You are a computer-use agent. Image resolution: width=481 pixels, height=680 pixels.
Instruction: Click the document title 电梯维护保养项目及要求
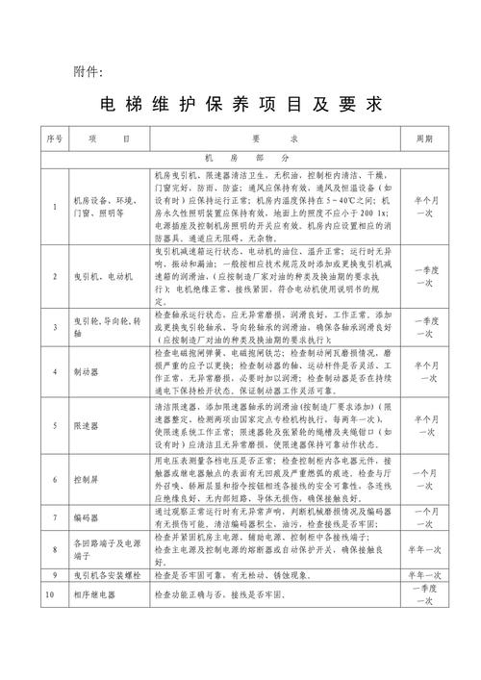pyautogui.click(x=240, y=104)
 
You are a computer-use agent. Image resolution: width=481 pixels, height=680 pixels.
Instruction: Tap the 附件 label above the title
pyautogui.click(x=93, y=71)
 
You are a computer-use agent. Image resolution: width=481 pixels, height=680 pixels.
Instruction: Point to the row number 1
pyautogui.click(x=53, y=207)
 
